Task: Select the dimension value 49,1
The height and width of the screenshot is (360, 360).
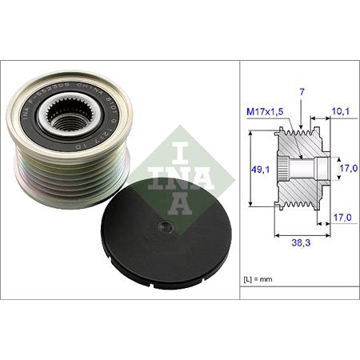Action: click(x=257, y=168)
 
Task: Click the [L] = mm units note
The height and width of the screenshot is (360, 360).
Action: click(x=259, y=278)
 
